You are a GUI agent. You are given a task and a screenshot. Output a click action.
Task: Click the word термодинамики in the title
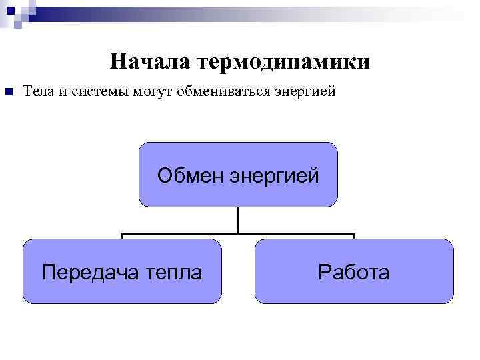click(284, 62)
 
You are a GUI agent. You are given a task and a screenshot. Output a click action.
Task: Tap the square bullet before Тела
click(9, 91)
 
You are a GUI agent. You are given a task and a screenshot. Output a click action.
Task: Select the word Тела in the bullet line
click(38, 91)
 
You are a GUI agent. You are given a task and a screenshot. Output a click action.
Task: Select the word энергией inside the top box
click(275, 176)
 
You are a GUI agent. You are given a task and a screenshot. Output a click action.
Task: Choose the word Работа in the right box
click(354, 272)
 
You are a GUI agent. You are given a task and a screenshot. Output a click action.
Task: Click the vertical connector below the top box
click(238, 220)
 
